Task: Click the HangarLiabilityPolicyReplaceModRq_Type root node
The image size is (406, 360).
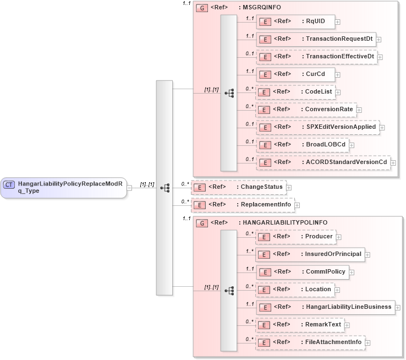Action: tap(64, 187)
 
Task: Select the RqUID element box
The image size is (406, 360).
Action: tap(295, 21)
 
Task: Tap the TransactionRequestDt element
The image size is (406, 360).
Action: tap(316, 39)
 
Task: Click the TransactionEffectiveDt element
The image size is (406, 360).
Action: tap(317, 57)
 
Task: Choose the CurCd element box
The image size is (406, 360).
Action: tap(295, 74)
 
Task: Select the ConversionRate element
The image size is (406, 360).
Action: tap(305, 110)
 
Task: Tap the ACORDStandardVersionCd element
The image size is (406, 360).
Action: tap(322, 162)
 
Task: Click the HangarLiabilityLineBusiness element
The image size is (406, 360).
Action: tap(325, 307)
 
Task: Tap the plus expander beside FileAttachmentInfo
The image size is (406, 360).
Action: tap(368, 342)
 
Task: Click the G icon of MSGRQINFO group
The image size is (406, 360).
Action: tap(202, 8)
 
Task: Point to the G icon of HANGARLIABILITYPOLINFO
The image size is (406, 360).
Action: tap(202, 223)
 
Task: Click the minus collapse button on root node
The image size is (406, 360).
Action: tap(129, 187)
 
